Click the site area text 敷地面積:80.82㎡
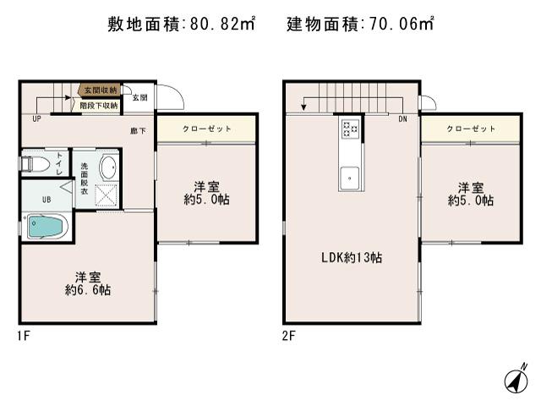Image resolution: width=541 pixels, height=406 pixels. (x=183, y=25)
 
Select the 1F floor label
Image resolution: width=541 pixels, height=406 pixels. (x=24, y=336)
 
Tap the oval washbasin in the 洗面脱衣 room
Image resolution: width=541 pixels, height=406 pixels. (x=108, y=167)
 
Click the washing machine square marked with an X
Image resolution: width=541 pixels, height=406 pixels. (x=107, y=195)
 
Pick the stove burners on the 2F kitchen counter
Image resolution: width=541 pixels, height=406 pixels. (x=350, y=129)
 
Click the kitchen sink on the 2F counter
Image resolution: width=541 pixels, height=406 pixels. (x=349, y=178)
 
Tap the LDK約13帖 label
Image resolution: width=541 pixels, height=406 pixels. (x=350, y=257)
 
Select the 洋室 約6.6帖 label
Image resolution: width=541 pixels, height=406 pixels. (x=88, y=283)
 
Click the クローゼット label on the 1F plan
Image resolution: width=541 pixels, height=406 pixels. (x=205, y=129)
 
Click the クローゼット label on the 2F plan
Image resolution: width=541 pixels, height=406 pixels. (x=471, y=129)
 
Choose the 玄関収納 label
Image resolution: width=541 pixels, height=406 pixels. (x=100, y=90)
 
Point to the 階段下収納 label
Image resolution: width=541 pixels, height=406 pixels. (x=99, y=106)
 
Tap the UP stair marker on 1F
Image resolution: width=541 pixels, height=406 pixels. (x=37, y=119)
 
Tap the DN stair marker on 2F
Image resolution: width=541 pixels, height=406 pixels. (x=403, y=119)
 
